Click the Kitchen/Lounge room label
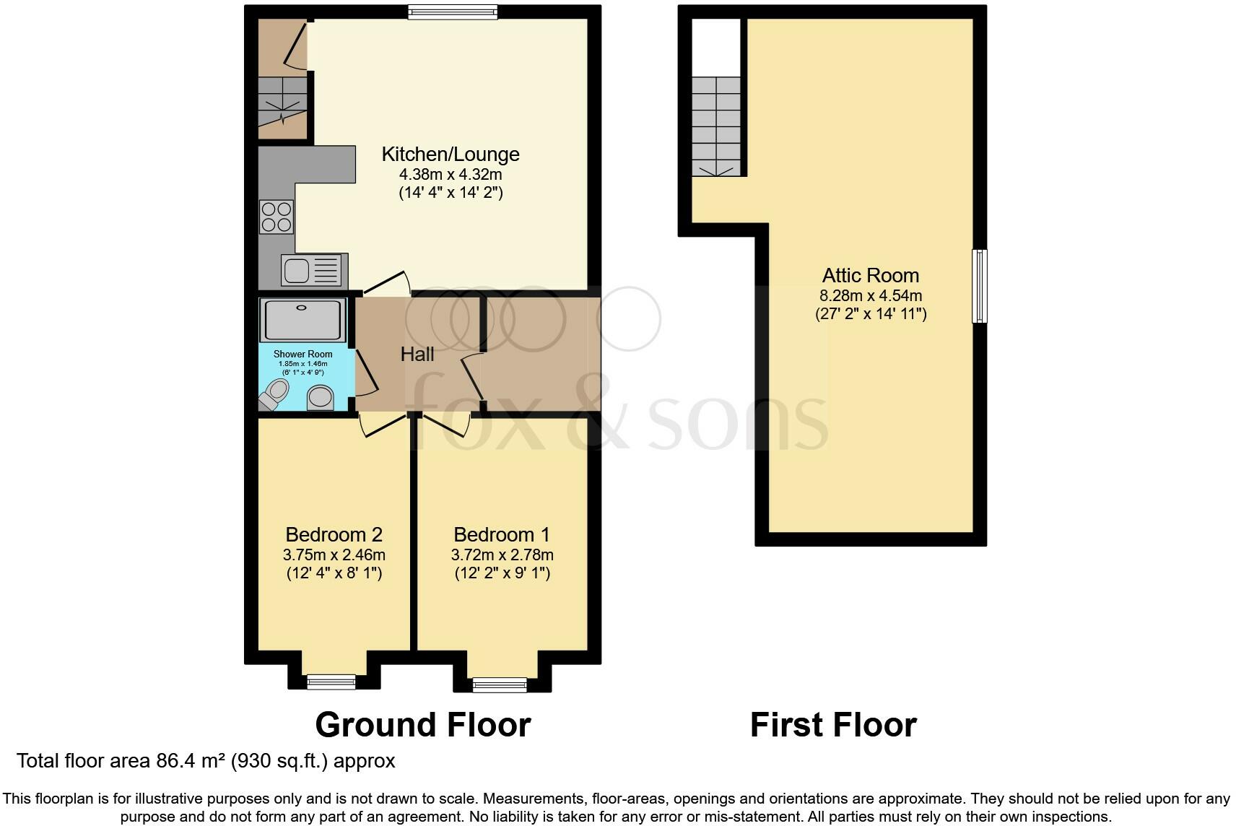(450, 154)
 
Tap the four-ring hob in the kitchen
(277, 217)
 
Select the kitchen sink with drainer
(314, 270)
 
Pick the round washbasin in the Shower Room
(321, 397)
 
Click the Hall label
(417, 354)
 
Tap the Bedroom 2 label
(334, 534)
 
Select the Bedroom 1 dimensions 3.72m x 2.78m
(502, 555)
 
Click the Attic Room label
(870, 275)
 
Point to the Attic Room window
(979, 285)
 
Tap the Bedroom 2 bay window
(331, 681)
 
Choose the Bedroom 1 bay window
(499, 684)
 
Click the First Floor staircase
(716, 126)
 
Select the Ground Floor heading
(422, 724)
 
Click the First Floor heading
(833, 724)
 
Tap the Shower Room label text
(303, 354)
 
